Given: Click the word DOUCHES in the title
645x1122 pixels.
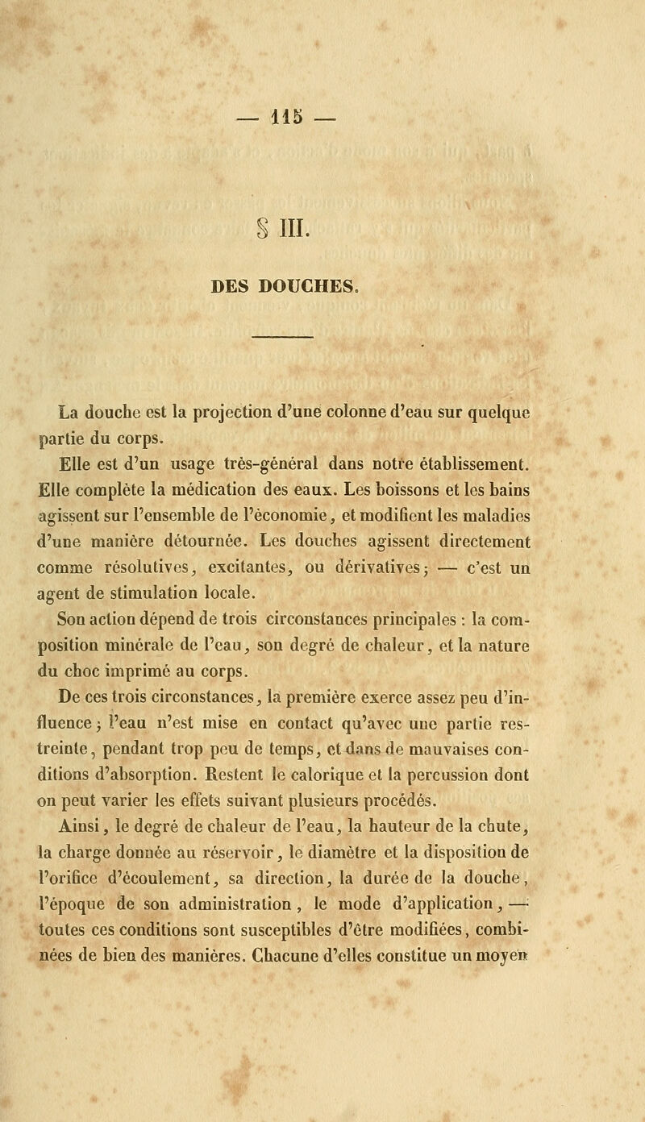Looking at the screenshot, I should coord(363,283).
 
